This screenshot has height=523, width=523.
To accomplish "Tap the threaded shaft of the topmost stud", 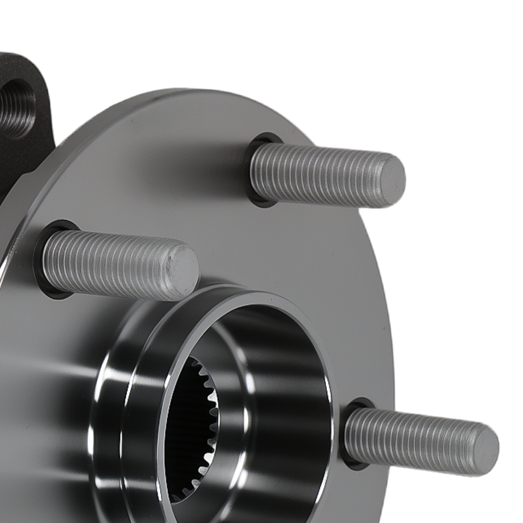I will pyautogui.click(x=319, y=174).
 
